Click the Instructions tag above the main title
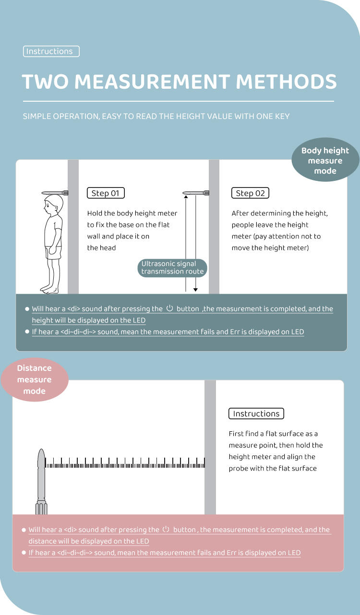[x=51, y=51]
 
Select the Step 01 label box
[x=106, y=193]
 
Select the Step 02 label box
[x=250, y=193]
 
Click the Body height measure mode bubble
[x=325, y=161]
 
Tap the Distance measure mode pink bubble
[x=34, y=379]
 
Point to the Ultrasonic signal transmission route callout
[x=172, y=268]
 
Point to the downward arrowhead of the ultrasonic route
[x=196, y=290]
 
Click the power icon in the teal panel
[x=169, y=308]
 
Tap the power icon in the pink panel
[x=166, y=530]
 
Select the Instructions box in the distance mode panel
[x=256, y=414]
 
